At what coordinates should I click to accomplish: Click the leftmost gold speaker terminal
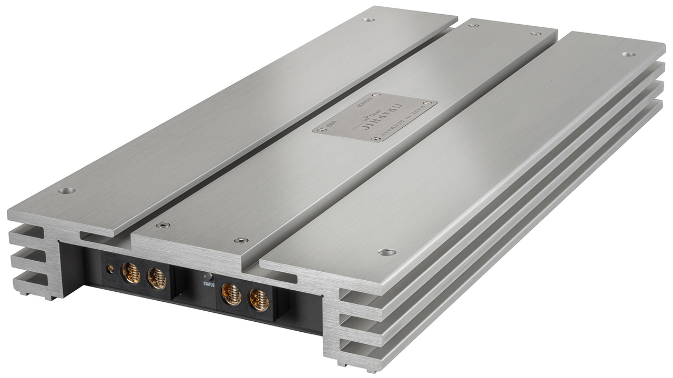click(131, 273)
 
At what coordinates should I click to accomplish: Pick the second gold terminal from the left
click(157, 279)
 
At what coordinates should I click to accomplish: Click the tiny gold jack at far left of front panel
click(110, 269)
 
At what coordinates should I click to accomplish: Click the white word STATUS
click(209, 284)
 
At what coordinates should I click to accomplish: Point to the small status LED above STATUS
click(209, 276)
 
